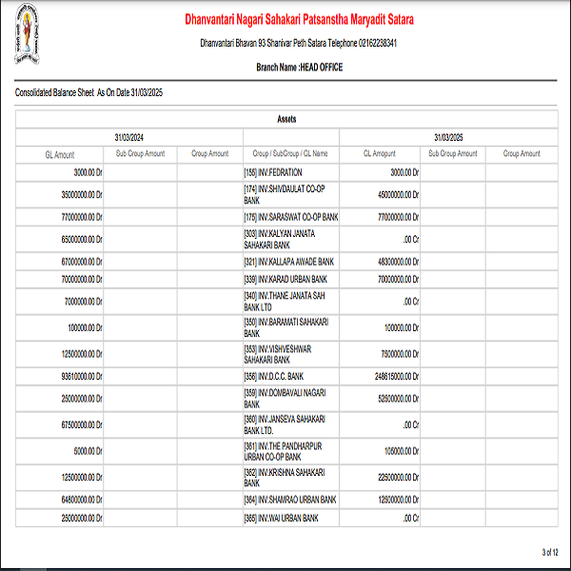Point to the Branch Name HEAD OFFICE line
[299, 68]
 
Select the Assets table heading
[285, 119]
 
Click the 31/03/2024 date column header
[128, 137]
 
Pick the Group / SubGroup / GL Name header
[290, 153]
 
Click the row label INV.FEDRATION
[273, 172]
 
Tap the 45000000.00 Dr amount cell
[392, 194]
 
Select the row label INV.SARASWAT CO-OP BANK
[291, 217]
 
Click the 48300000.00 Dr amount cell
[392, 261]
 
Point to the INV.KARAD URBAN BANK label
[285, 280]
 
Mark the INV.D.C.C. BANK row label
[275, 377]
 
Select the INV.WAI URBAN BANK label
[281, 518]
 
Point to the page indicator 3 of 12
[550, 552]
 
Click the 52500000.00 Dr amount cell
[392, 398]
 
